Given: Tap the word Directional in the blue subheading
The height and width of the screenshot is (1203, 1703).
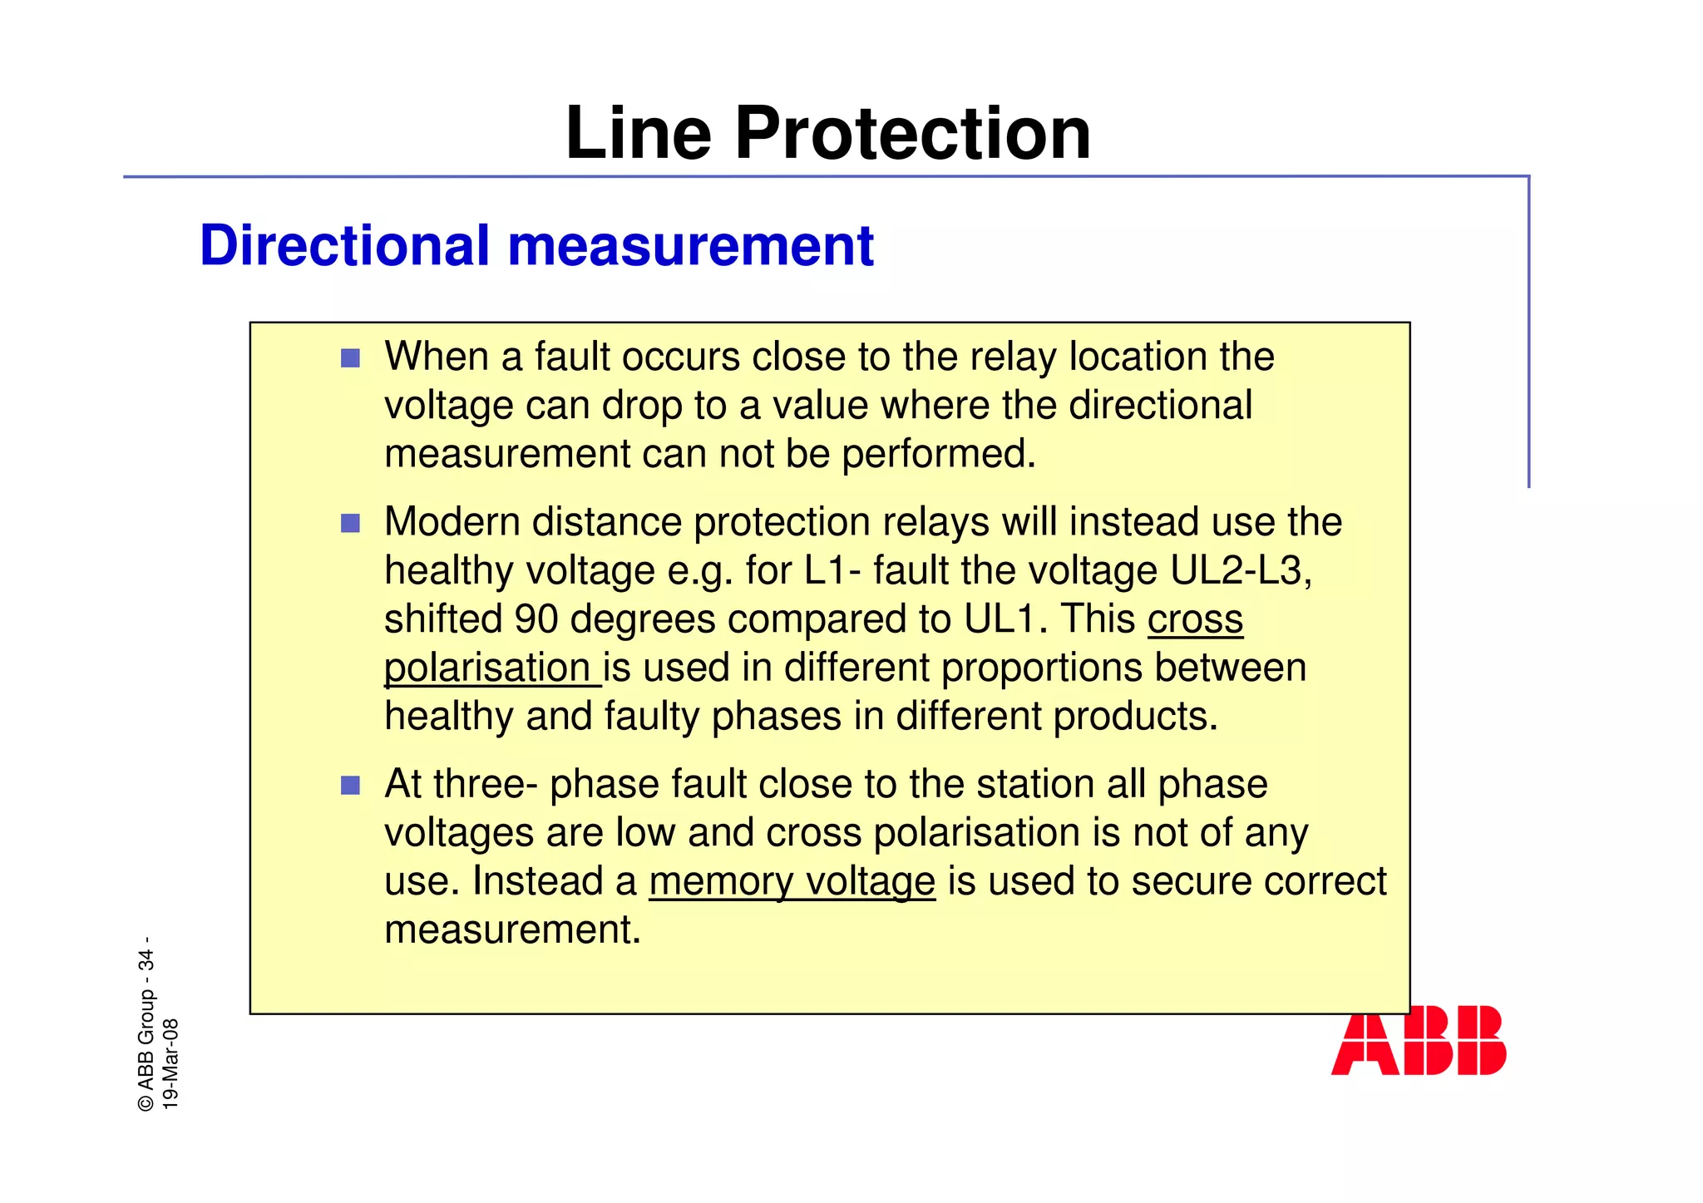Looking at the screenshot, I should [x=344, y=246].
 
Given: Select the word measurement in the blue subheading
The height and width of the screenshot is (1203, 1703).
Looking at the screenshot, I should [x=690, y=246].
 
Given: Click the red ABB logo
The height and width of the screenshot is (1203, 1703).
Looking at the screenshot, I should [x=1419, y=1040].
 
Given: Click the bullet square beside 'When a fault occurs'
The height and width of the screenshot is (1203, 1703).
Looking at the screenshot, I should [x=351, y=359].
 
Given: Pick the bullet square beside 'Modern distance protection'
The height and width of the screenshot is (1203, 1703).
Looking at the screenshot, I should [x=351, y=524].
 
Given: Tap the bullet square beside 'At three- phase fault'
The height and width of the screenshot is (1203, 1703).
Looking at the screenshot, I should [x=351, y=786].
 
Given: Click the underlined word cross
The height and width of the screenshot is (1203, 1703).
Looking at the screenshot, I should [x=1195, y=620].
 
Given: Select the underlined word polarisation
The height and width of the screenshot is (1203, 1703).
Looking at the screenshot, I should [x=488, y=668].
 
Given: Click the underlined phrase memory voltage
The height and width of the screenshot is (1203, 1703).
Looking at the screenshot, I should [x=792, y=882].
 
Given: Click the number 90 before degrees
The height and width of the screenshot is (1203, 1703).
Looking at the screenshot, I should [x=536, y=620].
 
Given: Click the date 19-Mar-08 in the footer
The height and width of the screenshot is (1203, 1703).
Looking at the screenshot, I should [x=170, y=1064].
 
